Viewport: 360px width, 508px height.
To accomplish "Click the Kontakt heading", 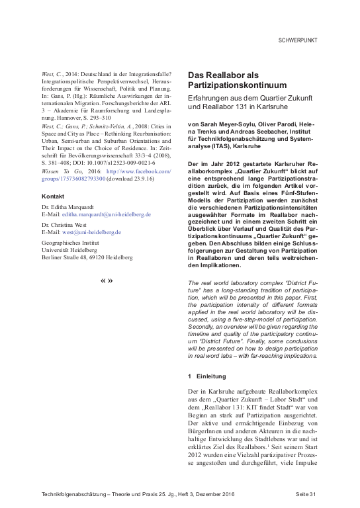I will click(53, 197).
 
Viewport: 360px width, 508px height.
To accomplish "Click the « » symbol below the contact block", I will click(106, 280).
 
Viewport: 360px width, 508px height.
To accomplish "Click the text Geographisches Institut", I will click(72, 243).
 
